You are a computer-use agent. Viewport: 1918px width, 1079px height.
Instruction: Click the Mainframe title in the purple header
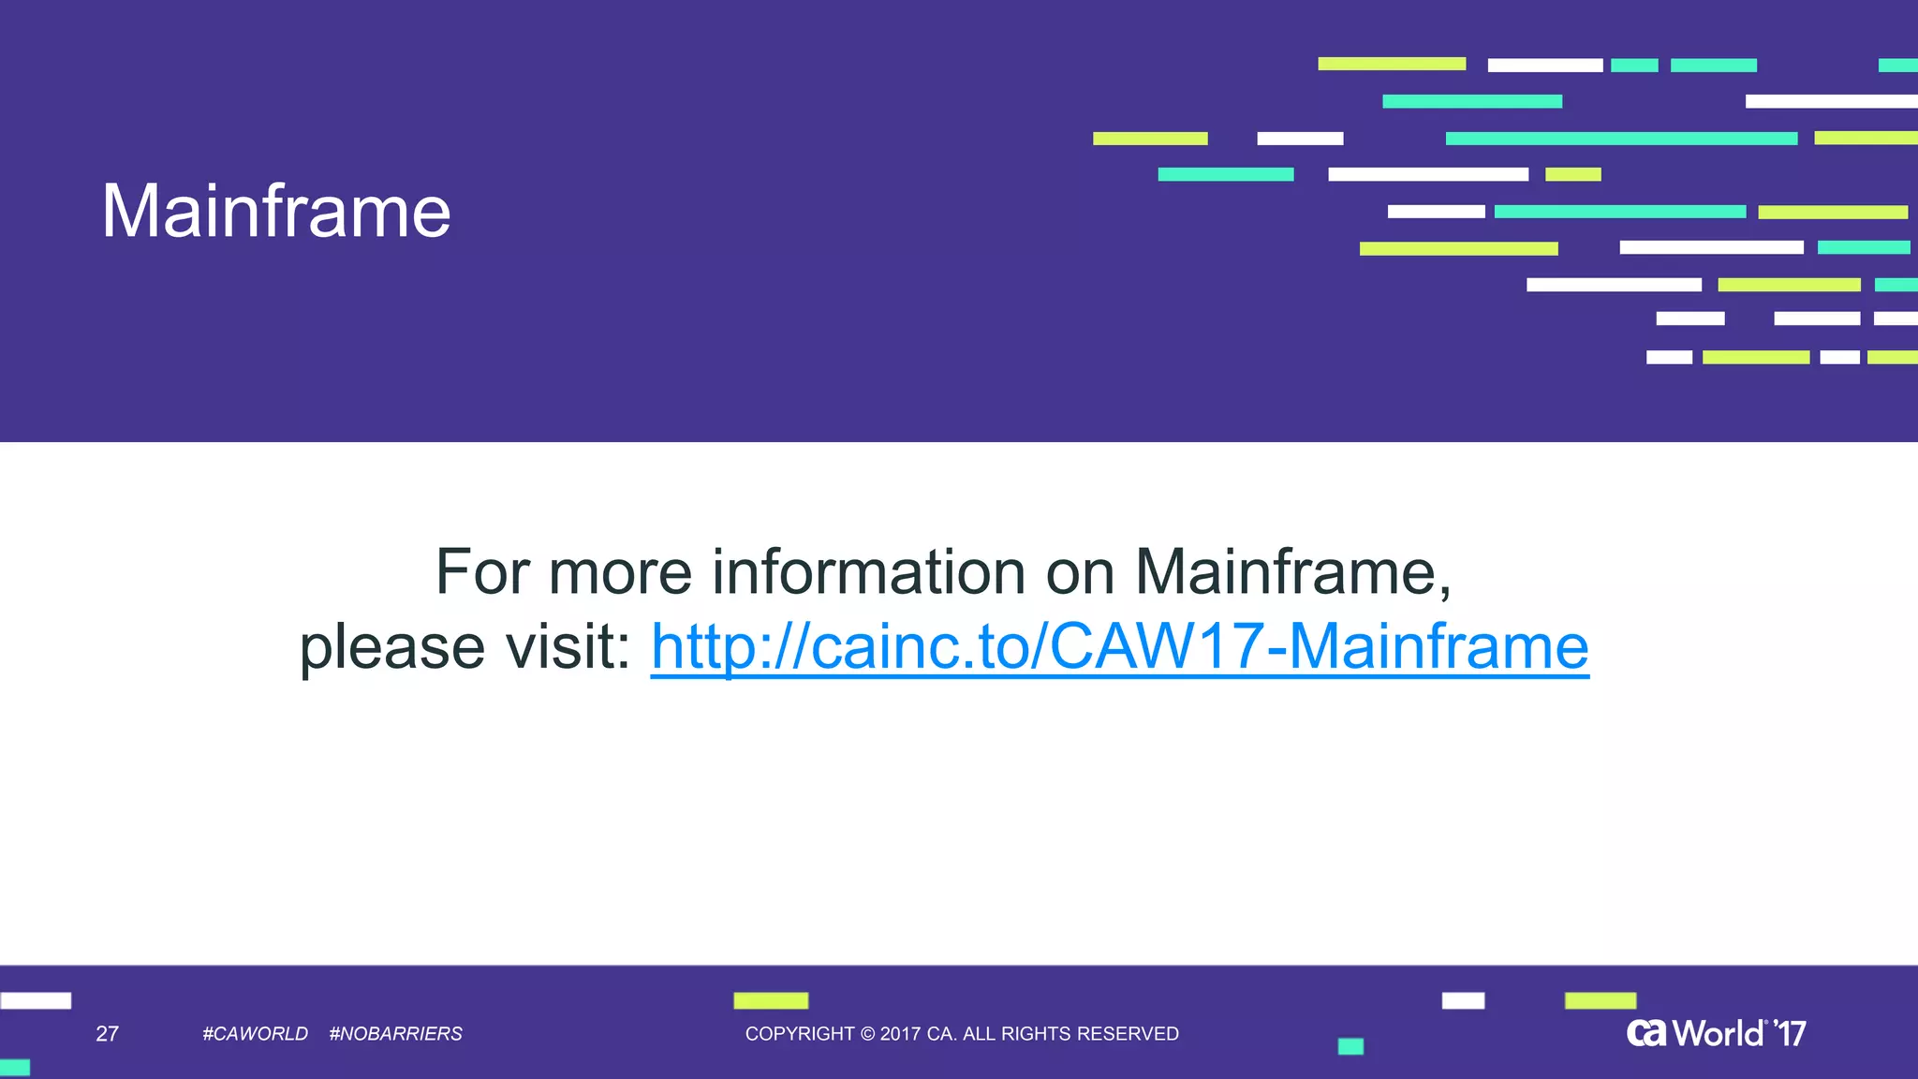click(x=276, y=211)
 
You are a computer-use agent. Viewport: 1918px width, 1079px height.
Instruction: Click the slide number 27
click(x=108, y=1034)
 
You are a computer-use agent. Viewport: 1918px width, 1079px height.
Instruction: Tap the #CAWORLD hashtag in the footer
click(x=255, y=1034)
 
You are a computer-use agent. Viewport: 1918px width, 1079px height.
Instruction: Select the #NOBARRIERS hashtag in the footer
click(x=395, y=1034)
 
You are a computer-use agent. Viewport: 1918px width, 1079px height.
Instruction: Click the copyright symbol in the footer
click(x=867, y=1034)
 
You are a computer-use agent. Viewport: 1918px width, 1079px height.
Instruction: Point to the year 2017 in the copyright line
click(x=900, y=1034)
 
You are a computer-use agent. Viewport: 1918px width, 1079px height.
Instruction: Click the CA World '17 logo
click(x=1716, y=1033)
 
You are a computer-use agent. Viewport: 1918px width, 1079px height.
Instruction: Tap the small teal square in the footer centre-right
click(x=1350, y=1046)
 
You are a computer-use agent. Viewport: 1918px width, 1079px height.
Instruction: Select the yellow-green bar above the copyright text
click(x=771, y=1000)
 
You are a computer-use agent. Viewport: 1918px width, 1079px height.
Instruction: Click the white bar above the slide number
click(x=36, y=1000)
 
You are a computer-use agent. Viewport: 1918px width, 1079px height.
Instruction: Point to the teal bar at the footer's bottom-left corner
click(x=15, y=1068)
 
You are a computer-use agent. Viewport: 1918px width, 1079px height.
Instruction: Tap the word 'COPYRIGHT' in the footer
click(x=800, y=1034)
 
